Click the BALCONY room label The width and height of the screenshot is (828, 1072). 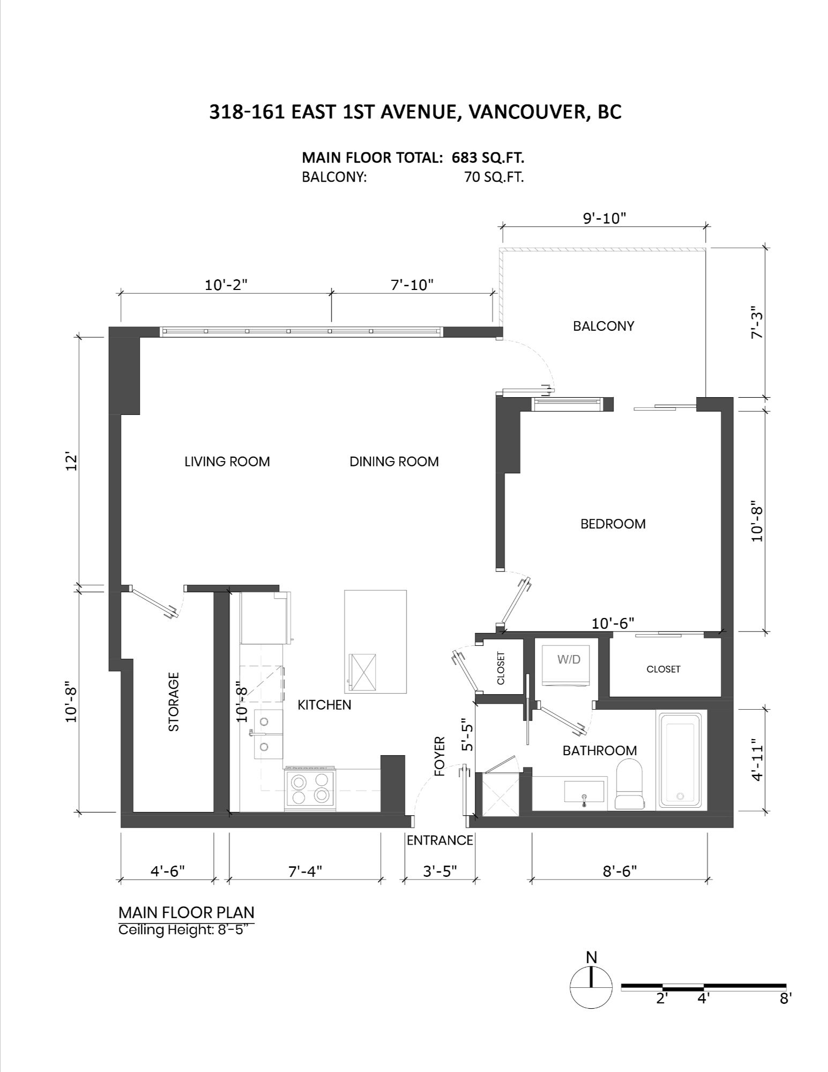[603, 326]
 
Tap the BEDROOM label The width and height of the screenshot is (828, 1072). [613, 524]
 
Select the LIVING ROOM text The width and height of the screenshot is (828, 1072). [227, 461]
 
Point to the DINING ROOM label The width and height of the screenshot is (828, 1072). [394, 461]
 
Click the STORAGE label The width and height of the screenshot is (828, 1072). [174, 702]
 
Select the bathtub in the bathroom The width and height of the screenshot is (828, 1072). [680, 760]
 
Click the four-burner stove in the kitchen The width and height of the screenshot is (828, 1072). [311, 788]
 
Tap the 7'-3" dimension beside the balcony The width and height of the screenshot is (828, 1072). [756, 322]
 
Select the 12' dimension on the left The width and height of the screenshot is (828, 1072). [71, 462]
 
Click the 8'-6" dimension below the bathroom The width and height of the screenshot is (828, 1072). [620, 871]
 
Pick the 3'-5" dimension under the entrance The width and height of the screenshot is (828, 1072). [440, 871]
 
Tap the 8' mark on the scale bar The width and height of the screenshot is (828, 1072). [786, 999]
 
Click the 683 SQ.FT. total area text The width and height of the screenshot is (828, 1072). [488, 158]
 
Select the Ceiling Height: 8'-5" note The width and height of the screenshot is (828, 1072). [186, 929]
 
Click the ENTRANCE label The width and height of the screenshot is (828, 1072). [440, 840]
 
